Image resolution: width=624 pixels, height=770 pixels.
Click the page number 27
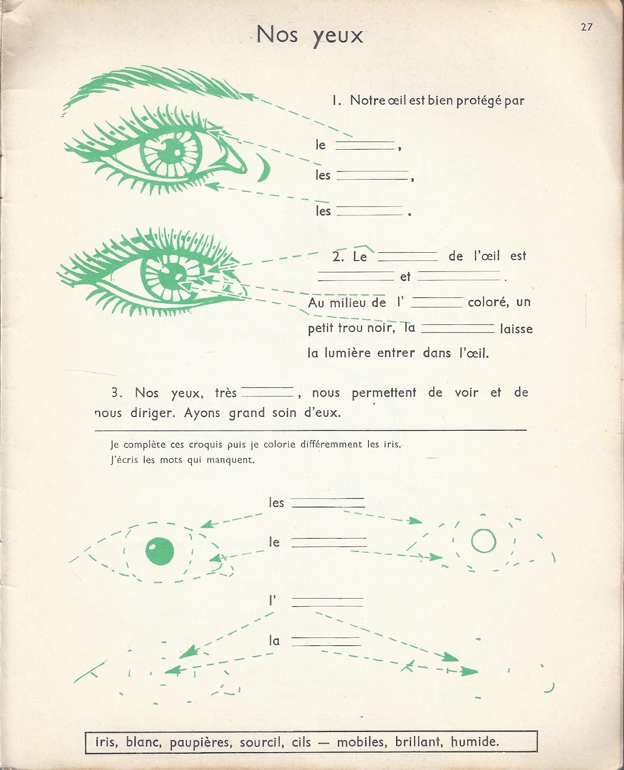586,27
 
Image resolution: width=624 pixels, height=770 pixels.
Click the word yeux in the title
337,35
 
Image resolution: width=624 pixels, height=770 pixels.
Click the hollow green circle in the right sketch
483,540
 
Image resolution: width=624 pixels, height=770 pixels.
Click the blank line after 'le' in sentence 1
364,145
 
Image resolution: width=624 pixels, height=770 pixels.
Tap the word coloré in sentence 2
488,302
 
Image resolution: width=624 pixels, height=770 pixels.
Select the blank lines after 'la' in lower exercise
326,641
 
